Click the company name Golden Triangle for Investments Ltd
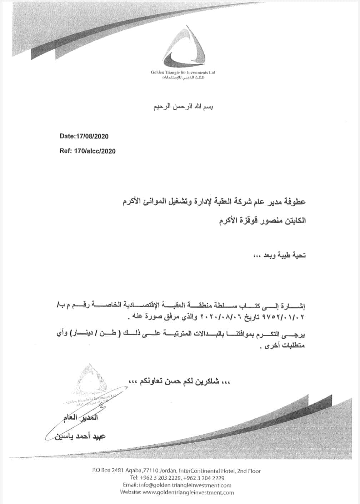(183, 72)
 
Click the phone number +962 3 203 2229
(161, 478)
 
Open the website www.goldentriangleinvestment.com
(188, 493)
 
